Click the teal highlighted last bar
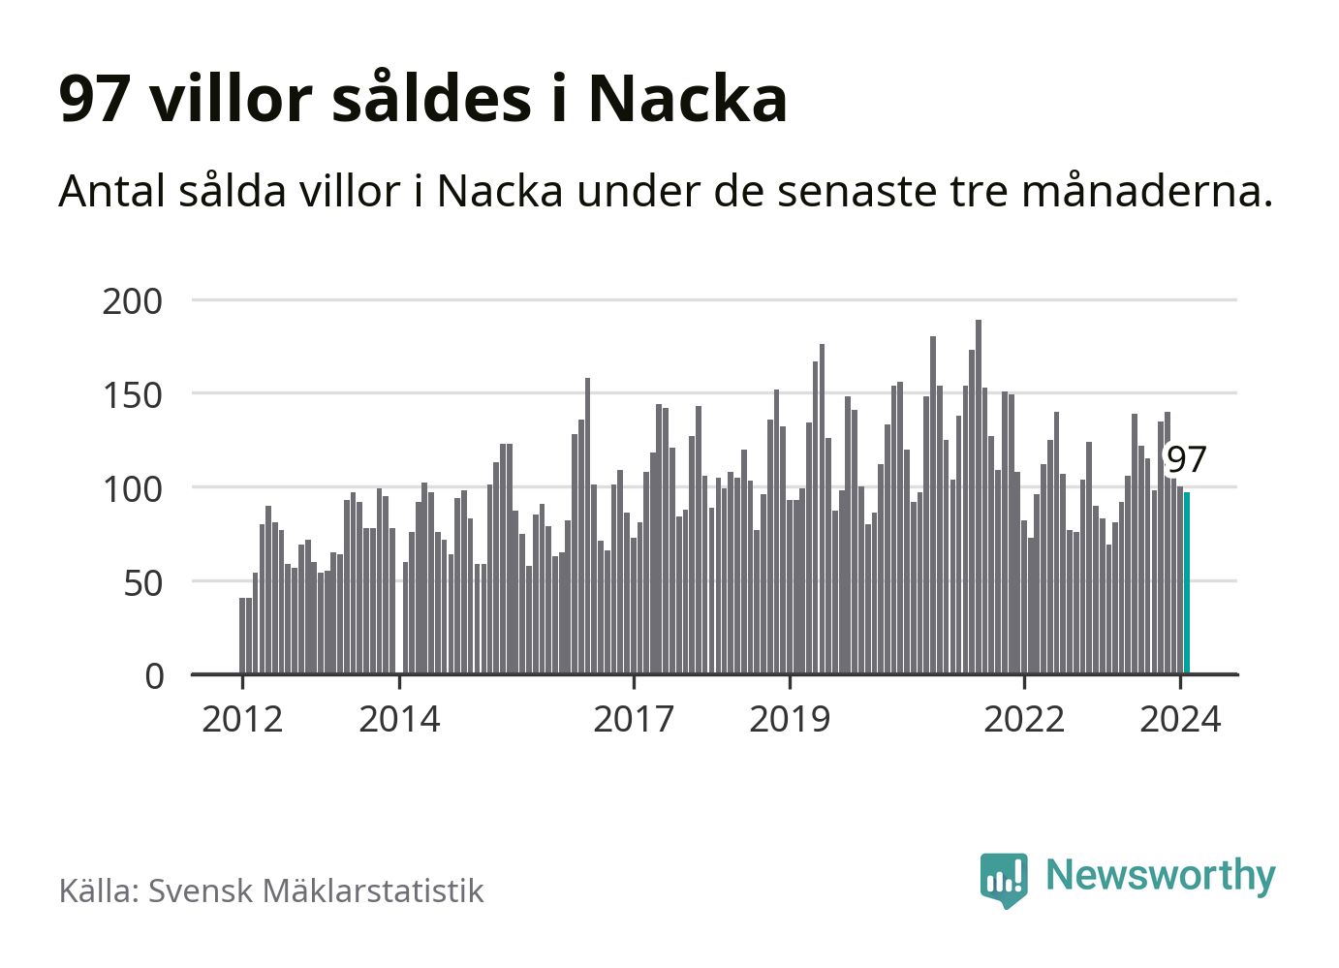click(1187, 582)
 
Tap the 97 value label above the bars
click(1186, 459)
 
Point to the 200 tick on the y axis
click(133, 301)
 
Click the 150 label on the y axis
click(133, 395)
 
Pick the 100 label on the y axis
click(133, 489)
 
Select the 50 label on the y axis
click(143, 583)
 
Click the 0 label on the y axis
click(155, 676)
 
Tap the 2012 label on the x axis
click(242, 720)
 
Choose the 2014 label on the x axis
click(399, 720)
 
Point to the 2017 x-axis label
click(634, 720)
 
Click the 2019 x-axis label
click(790, 720)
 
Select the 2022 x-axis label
click(1024, 720)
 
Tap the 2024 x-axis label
click(1180, 720)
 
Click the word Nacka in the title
click(687, 99)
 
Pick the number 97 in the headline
click(94, 99)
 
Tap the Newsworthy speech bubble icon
click(1004, 879)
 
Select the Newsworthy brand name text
click(1161, 875)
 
